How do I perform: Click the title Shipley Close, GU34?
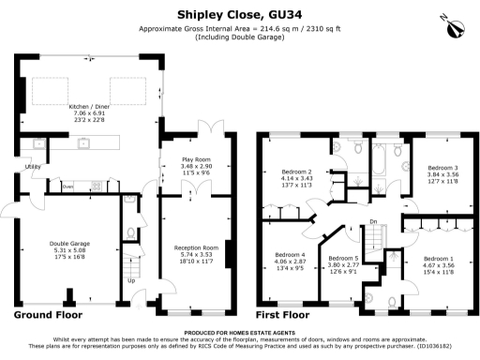pos(239,14)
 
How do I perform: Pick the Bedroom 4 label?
pos(292,255)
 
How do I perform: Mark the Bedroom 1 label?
pos(438,258)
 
